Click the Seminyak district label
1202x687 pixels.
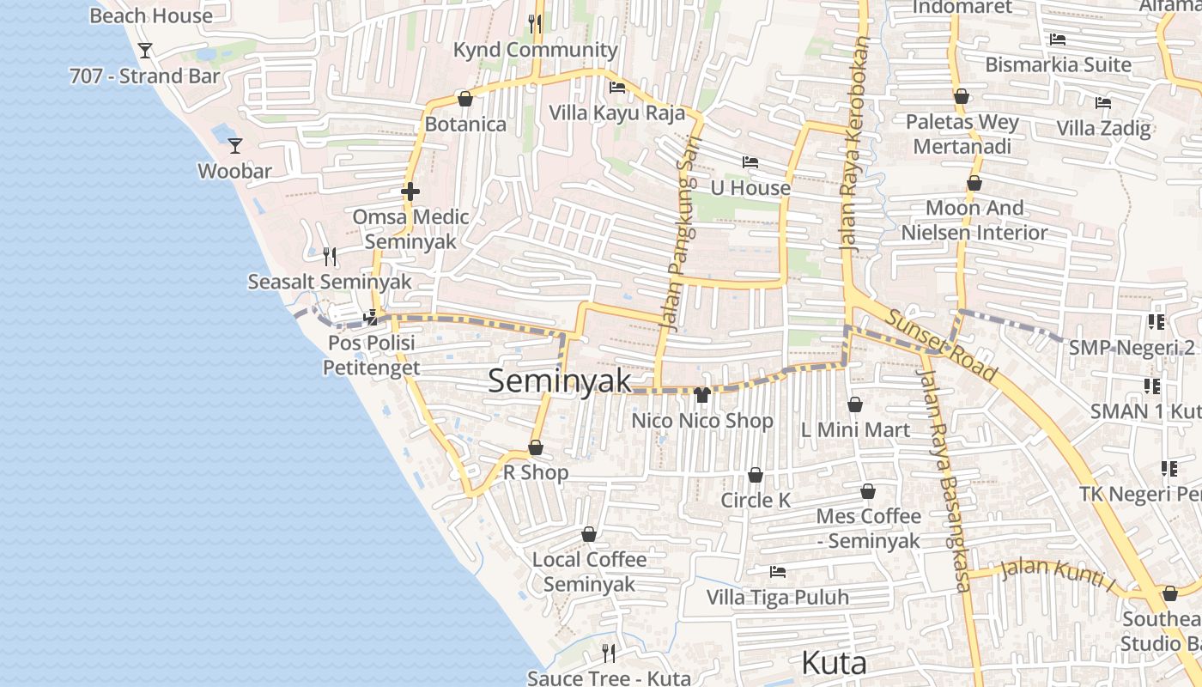pos(560,381)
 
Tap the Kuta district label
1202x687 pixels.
pos(834,664)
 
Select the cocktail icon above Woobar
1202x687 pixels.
pos(235,146)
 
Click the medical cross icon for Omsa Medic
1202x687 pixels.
pos(410,192)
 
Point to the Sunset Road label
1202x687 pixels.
pos(941,344)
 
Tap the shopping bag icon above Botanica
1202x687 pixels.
pos(465,99)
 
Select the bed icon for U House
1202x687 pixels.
pos(750,162)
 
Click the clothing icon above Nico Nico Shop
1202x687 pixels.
pos(702,395)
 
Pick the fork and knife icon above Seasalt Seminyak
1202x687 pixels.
pos(330,256)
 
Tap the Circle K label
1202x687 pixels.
pos(756,500)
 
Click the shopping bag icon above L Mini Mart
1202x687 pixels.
pos(855,404)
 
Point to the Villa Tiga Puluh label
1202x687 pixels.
pos(777,597)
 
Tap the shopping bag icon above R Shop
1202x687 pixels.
pos(536,447)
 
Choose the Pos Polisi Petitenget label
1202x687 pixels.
pos(371,356)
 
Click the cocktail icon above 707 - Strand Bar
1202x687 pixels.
pos(145,51)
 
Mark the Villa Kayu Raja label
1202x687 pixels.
pos(616,112)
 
